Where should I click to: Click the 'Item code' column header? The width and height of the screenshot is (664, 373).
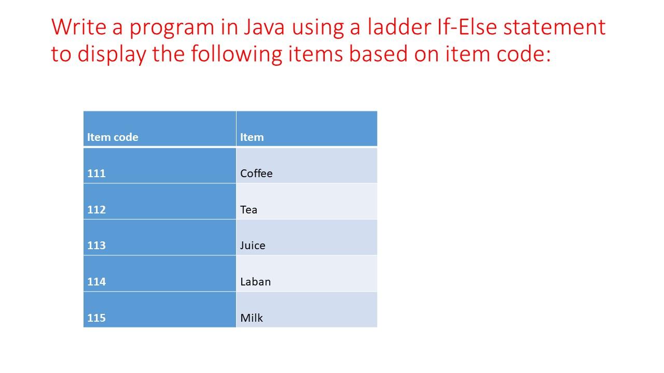coord(113,137)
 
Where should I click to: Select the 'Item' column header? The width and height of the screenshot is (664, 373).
coord(252,137)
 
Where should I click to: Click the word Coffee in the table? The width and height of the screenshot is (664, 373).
coord(256,174)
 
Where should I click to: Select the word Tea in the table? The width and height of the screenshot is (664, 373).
coord(248,210)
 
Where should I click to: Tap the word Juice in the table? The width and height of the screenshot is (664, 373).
coord(253,246)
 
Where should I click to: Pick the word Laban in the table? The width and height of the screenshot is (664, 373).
coord(256,281)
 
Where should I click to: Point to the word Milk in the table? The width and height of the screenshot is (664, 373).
coord(252,318)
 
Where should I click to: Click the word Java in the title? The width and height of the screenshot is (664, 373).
coord(265,27)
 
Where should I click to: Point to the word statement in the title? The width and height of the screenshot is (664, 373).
coord(555,27)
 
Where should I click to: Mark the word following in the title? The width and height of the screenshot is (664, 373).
coord(237,54)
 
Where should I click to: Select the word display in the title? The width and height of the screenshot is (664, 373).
coord(112,54)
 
